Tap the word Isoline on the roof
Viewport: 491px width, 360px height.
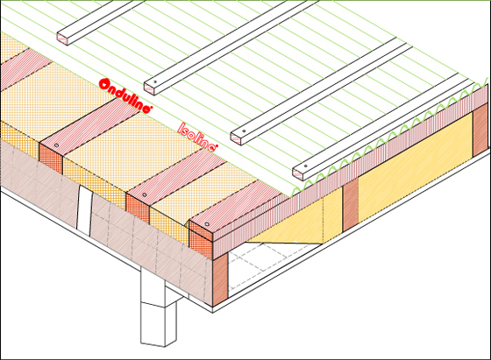(x=197, y=137)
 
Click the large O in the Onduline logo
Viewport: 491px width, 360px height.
(x=104, y=84)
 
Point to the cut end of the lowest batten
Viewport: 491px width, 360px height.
(x=298, y=173)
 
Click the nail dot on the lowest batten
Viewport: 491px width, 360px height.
(x=306, y=166)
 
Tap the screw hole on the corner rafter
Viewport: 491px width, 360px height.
(x=207, y=224)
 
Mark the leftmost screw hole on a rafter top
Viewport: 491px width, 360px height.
(x=56, y=145)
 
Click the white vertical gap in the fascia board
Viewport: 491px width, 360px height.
(x=84, y=210)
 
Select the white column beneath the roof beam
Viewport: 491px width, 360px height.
(x=153, y=308)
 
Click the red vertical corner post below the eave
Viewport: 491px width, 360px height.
(x=220, y=279)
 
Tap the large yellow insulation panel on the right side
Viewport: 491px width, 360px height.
(x=415, y=163)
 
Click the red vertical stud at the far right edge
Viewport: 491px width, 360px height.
(x=480, y=130)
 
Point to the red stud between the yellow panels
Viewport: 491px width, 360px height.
(x=351, y=206)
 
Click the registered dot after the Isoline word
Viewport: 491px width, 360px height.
(x=216, y=145)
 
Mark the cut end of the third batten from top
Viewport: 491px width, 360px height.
(x=237, y=138)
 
